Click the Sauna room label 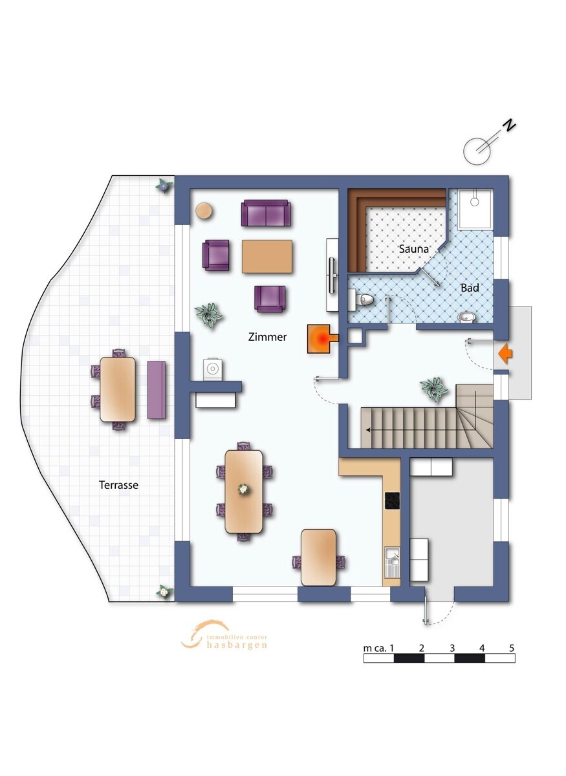point(413,249)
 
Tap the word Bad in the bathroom point(470,288)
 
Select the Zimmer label point(267,337)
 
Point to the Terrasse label point(118,484)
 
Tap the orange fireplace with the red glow point(322,338)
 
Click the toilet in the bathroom point(361,299)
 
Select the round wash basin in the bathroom point(465,317)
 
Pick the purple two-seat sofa point(266,213)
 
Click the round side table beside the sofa point(204,210)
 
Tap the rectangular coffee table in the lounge point(267,256)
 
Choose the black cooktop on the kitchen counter point(392,501)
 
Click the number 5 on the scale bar point(512,648)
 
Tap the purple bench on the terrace point(157,390)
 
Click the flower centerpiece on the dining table point(244,489)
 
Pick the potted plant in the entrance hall point(433,389)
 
